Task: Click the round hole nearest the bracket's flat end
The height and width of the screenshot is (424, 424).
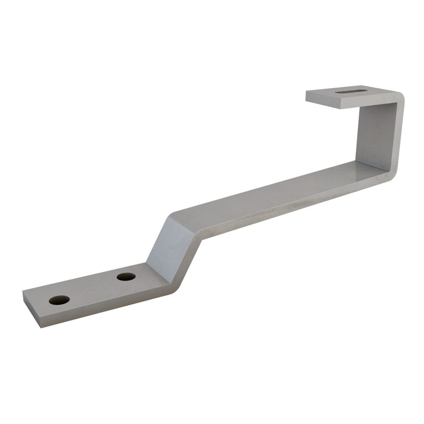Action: click(59, 300)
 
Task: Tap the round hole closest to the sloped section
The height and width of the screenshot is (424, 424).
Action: click(126, 276)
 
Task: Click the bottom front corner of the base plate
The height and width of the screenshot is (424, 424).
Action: click(41, 327)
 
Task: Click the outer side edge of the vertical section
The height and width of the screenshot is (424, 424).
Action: click(400, 136)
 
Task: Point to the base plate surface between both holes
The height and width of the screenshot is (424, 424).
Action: click(93, 288)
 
